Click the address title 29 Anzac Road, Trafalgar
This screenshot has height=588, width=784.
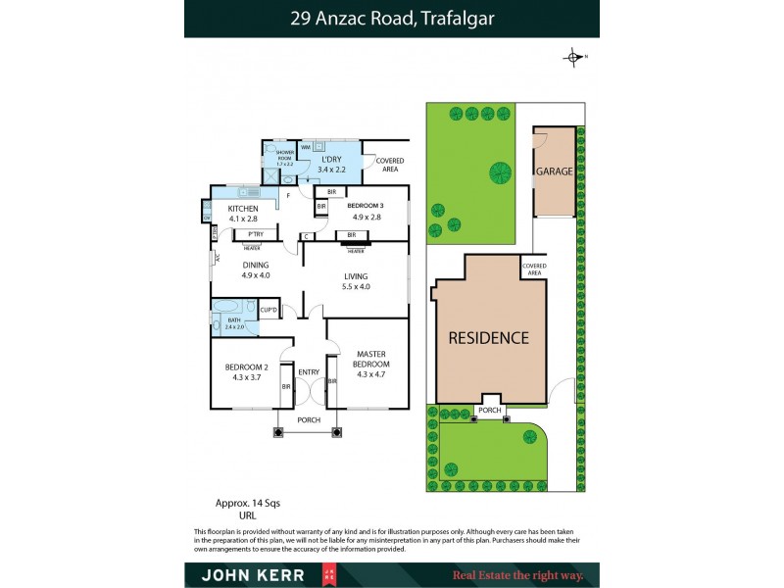tap(391, 18)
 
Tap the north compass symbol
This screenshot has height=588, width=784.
tap(574, 57)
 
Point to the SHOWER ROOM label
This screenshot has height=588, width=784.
tap(285, 155)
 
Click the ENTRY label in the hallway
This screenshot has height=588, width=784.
tap(309, 371)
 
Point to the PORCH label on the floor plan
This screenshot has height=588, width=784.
tap(308, 419)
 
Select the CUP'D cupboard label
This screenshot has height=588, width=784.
tap(269, 311)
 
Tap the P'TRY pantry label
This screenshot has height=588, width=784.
tap(255, 234)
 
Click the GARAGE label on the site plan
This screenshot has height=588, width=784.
tap(554, 171)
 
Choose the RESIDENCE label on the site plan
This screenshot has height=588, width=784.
tap(488, 338)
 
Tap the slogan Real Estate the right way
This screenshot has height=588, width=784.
tap(516, 575)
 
